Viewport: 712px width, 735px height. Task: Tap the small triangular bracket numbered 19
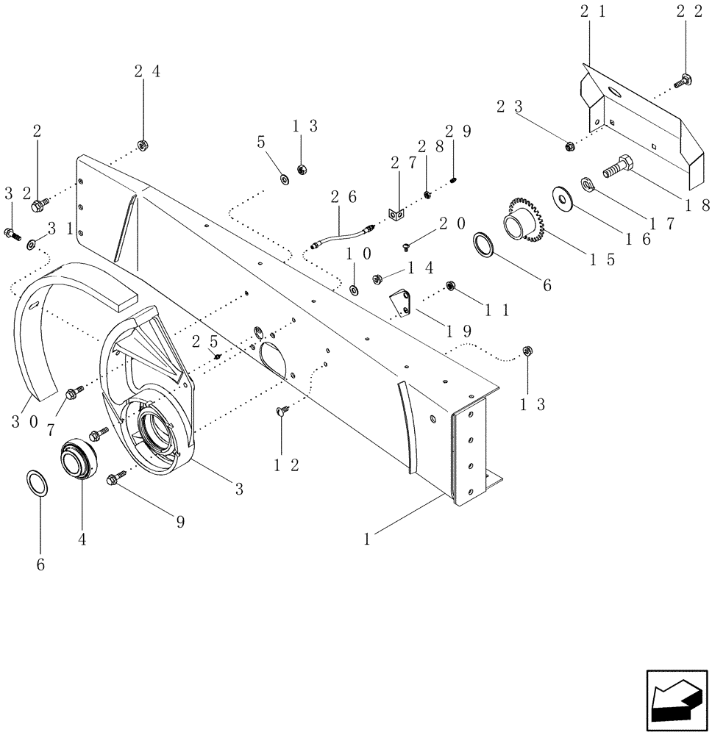tap(402, 303)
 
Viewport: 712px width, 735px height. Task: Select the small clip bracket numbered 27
tap(396, 214)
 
